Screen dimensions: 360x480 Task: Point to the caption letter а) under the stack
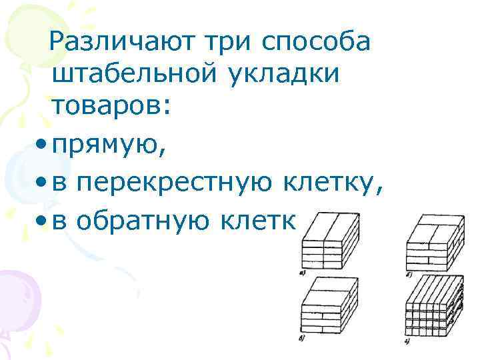[303, 272]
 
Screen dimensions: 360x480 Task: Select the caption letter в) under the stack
[303, 341]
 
